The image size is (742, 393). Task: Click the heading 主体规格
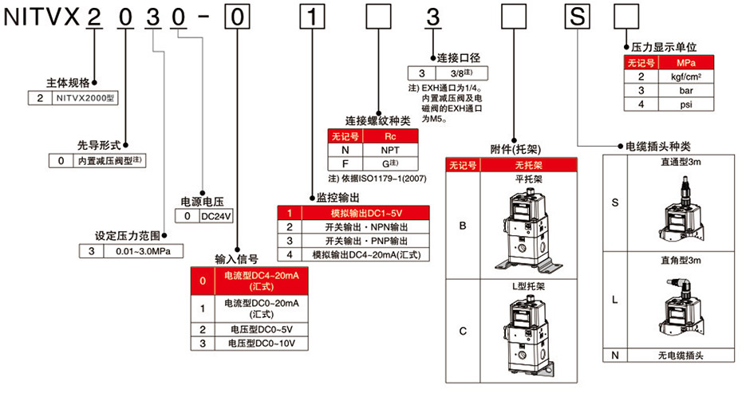point(69,82)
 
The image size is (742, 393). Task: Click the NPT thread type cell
point(390,150)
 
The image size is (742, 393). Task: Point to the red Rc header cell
point(390,136)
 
